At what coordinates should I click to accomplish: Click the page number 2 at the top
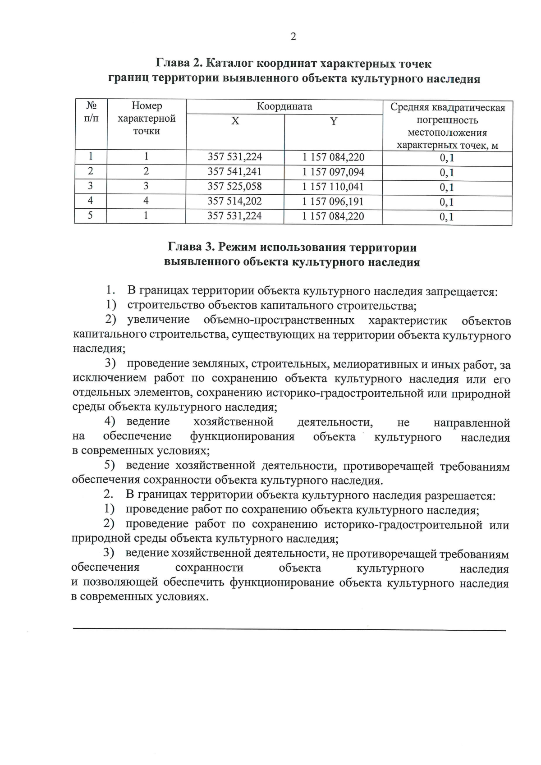[293, 37]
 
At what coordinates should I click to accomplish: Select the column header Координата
[284, 107]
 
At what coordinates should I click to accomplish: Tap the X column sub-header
[235, 121]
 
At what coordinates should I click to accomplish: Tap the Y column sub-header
[333, 121]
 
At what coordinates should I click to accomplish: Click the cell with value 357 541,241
[234, 172]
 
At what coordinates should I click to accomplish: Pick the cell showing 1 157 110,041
[333, 187]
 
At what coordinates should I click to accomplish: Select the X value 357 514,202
[234, 201]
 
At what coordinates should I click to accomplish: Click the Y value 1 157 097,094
[333, 172]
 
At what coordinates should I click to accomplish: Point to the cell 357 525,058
[234, 187]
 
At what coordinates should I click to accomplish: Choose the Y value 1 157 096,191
[333, 202]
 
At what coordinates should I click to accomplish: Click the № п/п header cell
[92, 112]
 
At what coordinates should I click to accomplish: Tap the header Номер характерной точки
[147, 118]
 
